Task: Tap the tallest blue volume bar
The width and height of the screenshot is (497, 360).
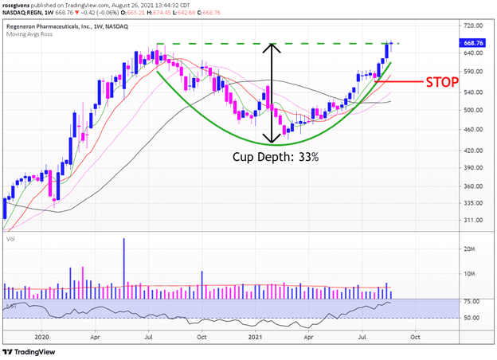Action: (124, 268)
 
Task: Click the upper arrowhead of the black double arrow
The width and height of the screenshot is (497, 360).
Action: (273, 48)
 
